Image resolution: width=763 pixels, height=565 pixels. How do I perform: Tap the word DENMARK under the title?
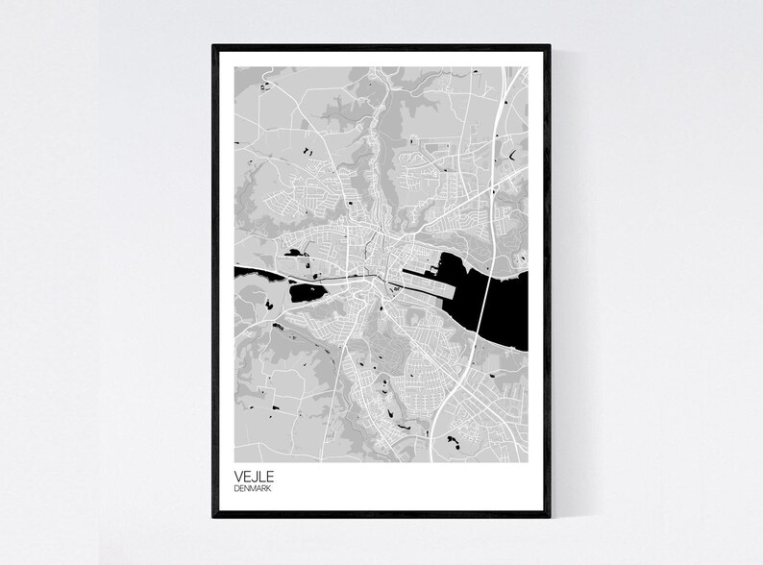255,489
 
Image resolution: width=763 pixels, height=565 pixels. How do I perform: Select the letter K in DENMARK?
275,489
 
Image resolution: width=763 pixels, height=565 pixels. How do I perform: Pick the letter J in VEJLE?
255,475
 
